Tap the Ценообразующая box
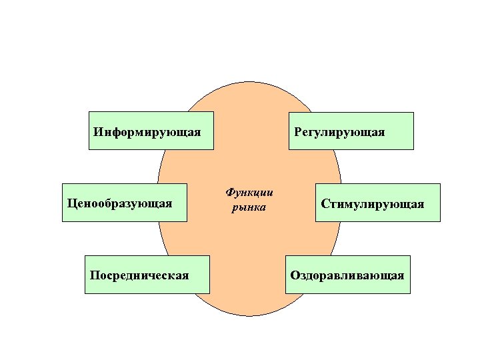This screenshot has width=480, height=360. coord(124,203)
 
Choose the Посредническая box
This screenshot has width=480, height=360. coord(147,275)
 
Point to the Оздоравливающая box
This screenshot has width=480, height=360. coord(347,275)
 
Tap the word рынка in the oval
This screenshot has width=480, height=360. coord(249,208)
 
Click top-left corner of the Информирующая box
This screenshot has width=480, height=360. coord(89,112)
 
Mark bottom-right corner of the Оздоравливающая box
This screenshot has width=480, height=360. coord(410,293)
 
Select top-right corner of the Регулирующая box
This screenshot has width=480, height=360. coord(413,113)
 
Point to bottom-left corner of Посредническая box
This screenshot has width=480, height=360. coord(85,293)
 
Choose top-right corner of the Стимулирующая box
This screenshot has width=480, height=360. coord(440,184)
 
